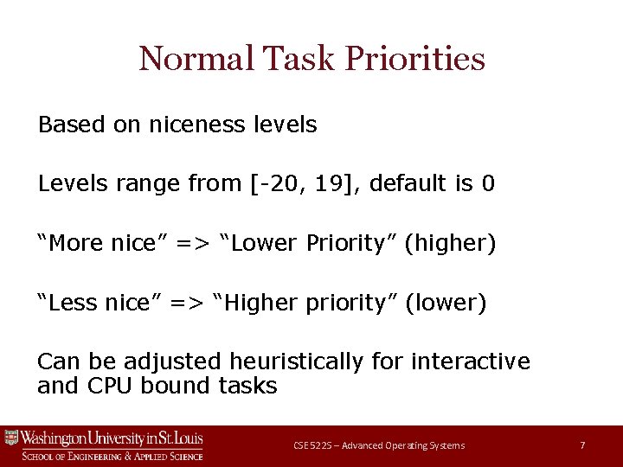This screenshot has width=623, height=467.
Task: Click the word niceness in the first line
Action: pos(188,125)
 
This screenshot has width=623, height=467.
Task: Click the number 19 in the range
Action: pos(327,184)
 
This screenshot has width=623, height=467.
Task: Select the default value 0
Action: pos(488,184)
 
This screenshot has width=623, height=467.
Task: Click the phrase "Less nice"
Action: pos(93,304)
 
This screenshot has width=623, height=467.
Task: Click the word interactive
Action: pos(471,361)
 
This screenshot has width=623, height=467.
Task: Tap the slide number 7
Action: pos(582,445)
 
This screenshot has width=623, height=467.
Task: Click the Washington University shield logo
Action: pos(11,438)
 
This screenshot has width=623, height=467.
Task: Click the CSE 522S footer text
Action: pos(378,445)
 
